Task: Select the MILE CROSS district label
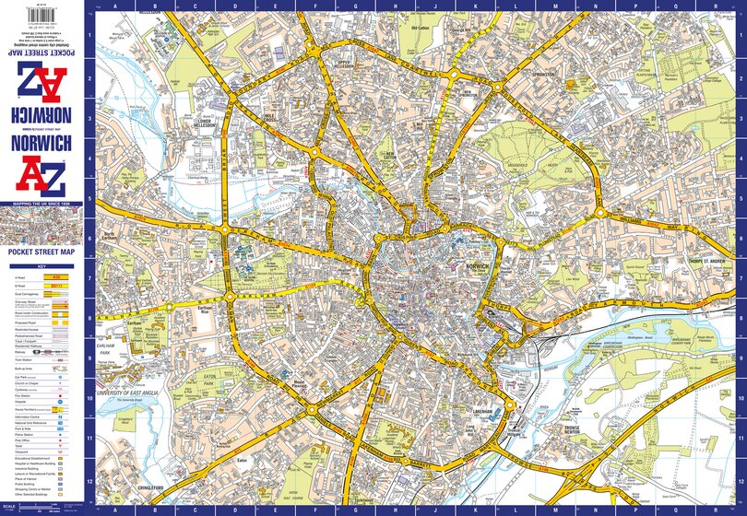(269, 117)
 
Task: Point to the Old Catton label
(421, 29)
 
